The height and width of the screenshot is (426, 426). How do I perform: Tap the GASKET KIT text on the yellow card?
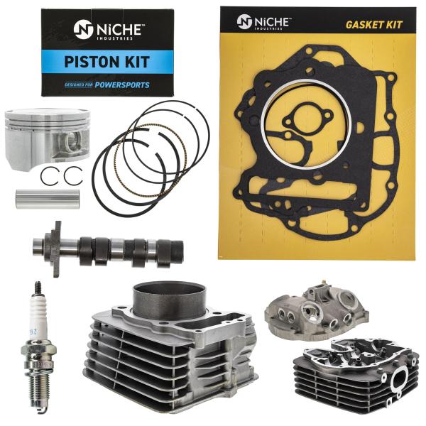(373, 24)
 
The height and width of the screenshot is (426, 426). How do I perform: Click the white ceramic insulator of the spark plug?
(34, 305)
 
